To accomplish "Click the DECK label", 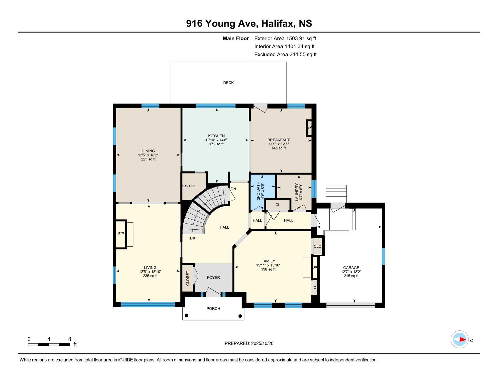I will coord(228,83).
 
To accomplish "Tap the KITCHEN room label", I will coord(216,136).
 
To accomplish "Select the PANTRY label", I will coord(189,186).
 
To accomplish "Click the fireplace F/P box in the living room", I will coord(121,234).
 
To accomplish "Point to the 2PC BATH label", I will coord(258,191).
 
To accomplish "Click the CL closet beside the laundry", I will coord(278,205).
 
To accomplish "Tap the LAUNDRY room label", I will coord(297,192).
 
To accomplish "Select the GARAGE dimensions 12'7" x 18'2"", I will coord(351,272).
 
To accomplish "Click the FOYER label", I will coord(213,277).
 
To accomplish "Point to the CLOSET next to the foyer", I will coord(188,278).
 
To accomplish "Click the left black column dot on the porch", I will coord(186,315).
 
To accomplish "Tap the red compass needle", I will coord(462,340).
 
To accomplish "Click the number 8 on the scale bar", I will coord(70,339).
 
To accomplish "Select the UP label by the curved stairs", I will coord(192,239).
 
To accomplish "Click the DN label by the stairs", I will coord(233,189).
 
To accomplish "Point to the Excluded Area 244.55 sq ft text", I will coord(285,54).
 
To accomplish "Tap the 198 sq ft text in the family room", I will coord(268,269).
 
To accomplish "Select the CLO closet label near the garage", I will coord(317,246).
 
